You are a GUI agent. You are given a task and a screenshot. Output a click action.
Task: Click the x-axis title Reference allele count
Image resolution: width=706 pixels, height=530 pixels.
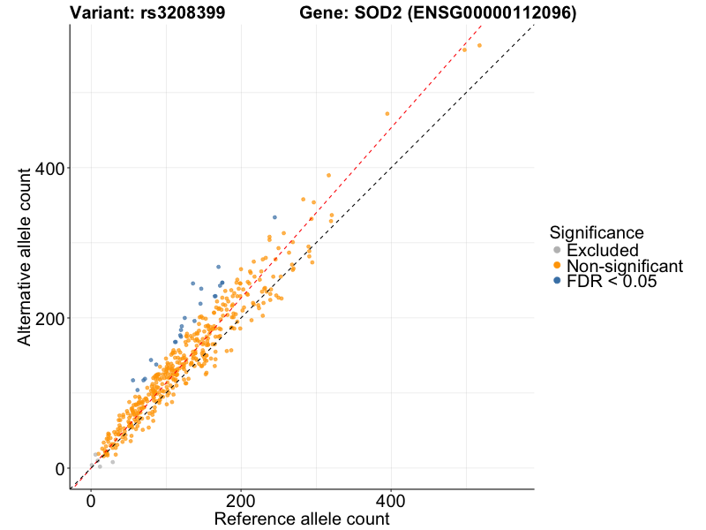point(302,519)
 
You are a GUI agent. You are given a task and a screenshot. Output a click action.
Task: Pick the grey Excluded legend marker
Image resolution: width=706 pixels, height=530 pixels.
point(556,251)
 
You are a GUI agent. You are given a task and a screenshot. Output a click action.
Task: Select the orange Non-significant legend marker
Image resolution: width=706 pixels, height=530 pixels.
point(556,266)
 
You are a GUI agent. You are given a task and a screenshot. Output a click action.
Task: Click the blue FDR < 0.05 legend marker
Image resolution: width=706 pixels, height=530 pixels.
point(556,281)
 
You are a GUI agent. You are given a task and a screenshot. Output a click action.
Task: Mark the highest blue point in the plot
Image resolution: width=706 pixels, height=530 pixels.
point(274,217)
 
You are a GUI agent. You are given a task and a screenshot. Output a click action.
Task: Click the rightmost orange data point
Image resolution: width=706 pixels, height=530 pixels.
point(479,45)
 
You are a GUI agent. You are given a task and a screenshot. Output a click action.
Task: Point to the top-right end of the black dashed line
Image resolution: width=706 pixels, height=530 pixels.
point(534,25)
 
